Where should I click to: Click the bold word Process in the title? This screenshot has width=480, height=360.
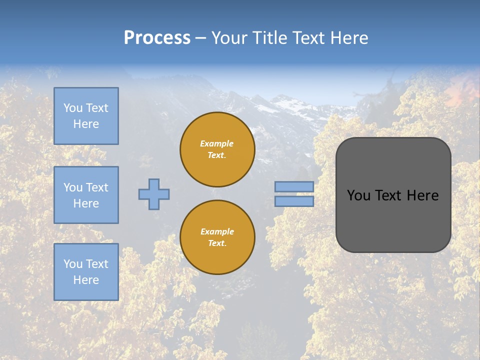tap(157, 38)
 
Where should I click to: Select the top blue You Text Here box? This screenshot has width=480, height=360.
tap(86, 116)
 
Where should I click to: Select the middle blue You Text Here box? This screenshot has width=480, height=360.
tap(86, 195)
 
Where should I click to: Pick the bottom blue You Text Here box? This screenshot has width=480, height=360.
tap(86, 271)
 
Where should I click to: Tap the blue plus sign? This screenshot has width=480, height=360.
tap(154, 194)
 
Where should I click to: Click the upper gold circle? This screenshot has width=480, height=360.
tap(217, 149)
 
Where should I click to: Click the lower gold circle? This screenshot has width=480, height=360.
tap(217, 237)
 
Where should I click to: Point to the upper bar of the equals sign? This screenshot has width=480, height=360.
tap(294, 187)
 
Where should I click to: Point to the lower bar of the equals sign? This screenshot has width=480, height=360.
tap(294, 201)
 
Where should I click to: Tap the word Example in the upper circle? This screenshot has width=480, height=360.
tap(217, 143)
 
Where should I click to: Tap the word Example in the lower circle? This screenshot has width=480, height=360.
tap(217, 231)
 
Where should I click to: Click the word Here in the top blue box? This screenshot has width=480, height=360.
tap(86, 124)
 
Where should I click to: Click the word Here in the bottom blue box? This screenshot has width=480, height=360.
tap(86, 280)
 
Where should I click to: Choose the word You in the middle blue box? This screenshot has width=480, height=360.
tap(73, 187)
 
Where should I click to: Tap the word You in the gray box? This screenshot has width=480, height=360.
tap(358, 195)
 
